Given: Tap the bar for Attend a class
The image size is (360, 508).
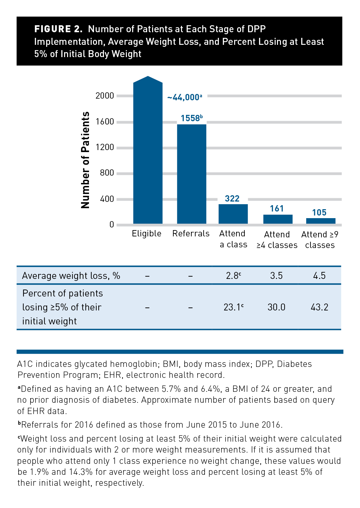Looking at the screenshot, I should [233, 214].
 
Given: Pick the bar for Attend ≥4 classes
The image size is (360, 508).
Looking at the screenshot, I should [278, 219].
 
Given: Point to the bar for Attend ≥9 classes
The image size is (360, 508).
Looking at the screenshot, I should [320, 221].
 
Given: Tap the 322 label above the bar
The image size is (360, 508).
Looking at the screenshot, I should [232, 199].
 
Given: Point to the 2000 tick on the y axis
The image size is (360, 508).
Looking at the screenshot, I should [105, 96].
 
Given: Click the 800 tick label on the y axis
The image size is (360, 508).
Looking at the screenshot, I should [107, 173].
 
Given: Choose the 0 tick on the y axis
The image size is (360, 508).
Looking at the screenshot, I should [112, 224].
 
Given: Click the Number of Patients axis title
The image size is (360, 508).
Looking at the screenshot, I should [85, 160].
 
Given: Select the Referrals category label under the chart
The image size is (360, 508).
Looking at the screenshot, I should [191, 233].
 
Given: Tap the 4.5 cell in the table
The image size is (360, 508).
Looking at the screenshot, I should [319, 276].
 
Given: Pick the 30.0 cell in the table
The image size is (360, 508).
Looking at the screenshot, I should [276, 307].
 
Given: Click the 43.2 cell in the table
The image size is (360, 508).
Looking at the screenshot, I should [319, 307].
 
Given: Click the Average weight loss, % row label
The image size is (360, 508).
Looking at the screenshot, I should [71, 276].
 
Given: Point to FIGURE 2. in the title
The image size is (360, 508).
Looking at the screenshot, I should [58, 29].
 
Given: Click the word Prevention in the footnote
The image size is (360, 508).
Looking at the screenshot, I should [38, 375].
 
